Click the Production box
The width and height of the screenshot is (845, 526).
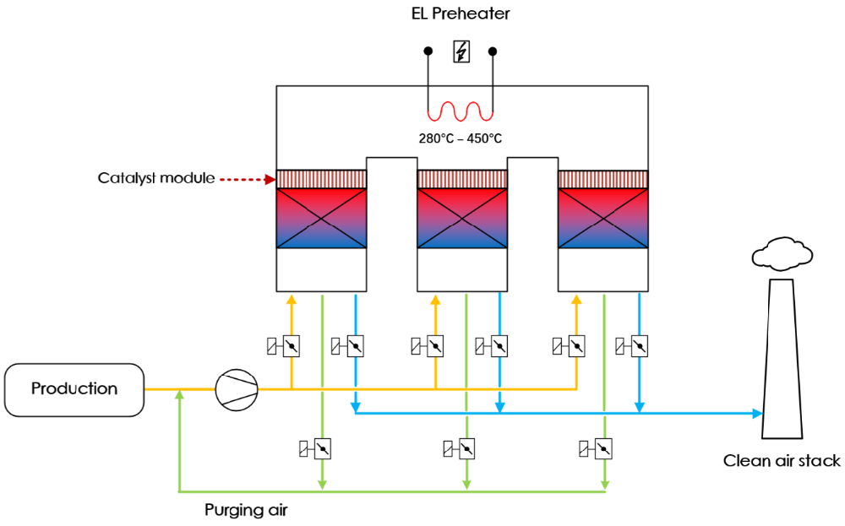[74, 389]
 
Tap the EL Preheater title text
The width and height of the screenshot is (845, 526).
[461, 14]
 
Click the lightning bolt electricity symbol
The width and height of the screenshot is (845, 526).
[461, 53]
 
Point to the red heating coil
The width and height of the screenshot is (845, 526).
[461, 111]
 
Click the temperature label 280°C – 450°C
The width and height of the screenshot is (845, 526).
[461, 138]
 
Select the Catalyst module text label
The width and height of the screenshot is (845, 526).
[155, 178]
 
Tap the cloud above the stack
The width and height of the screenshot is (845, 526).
[780, 252]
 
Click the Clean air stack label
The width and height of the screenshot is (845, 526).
[782, 461]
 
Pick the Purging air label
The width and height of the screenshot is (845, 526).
[248, 510]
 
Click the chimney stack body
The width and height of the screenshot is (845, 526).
[781, 363]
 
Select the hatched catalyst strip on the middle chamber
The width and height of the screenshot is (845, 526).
[462, 179]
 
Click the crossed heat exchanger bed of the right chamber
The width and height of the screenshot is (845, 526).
[602, 218]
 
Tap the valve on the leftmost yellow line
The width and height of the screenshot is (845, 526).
[291, 345]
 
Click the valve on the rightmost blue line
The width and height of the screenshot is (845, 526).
[639, 345]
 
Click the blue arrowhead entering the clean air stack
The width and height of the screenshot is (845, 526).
[756, 413]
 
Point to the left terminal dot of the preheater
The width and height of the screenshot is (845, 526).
[428, 52]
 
